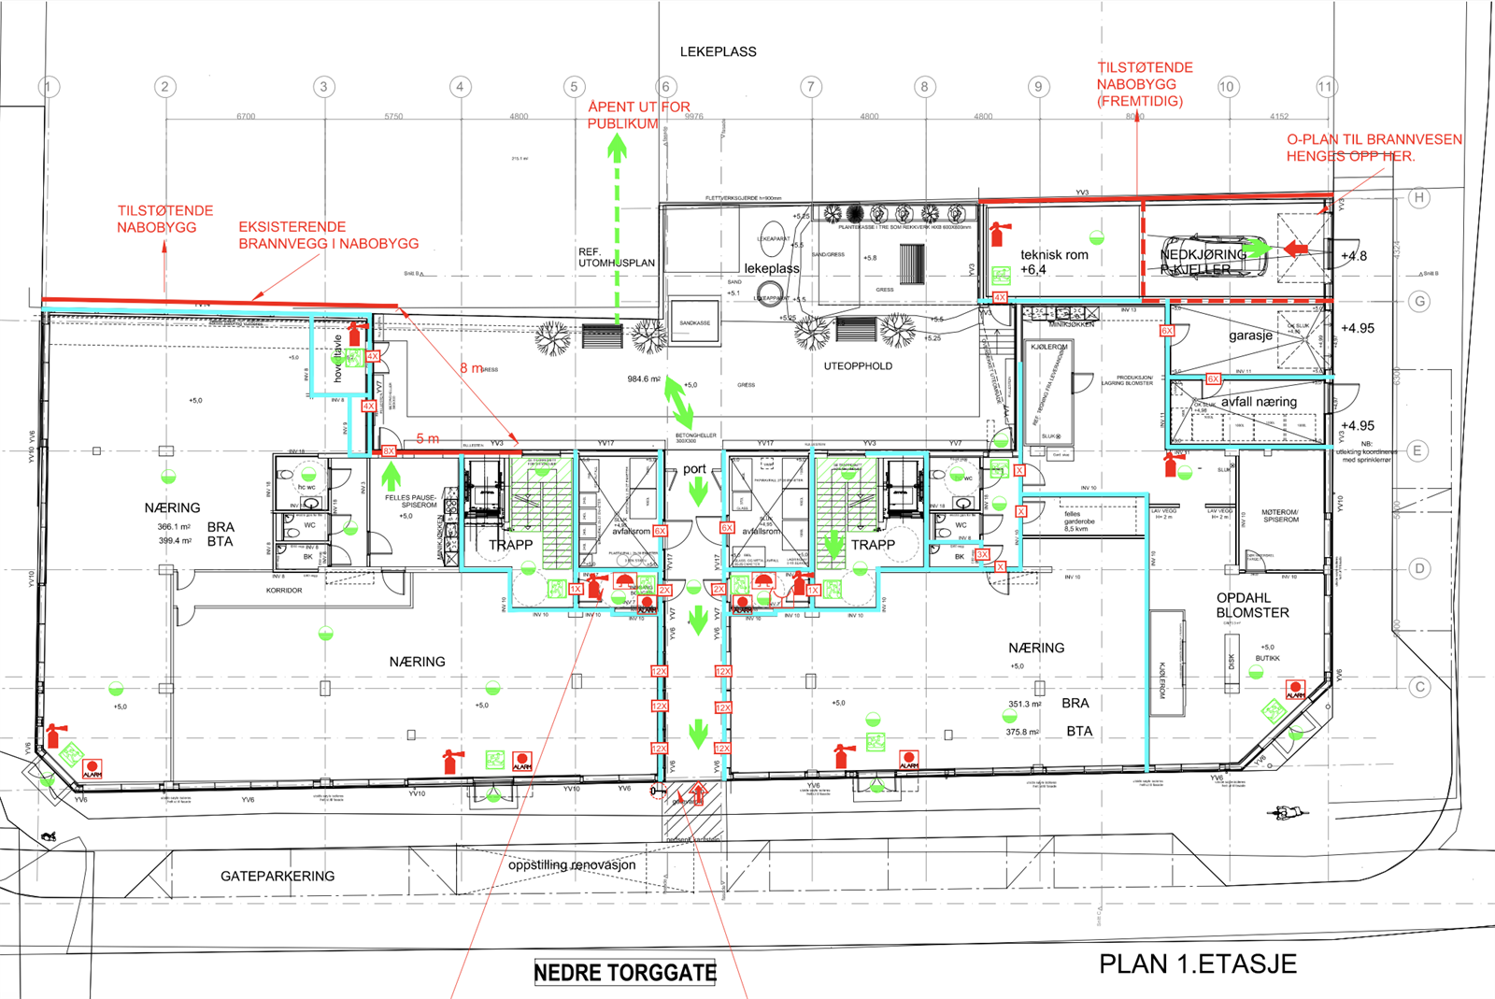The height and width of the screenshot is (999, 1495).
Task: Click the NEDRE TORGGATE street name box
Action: (x=624, y=973)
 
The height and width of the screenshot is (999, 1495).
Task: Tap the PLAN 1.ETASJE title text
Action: (x=1197, y=964)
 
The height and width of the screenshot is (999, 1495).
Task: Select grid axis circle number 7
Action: (x=810, y=87)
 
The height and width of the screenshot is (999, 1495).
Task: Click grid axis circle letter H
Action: (x=1418, y=197)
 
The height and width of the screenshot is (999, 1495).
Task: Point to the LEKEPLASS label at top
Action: (x=718, y=51)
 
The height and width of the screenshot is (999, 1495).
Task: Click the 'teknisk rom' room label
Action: (x=1054, y=255)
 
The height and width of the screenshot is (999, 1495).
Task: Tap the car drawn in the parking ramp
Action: (x=1215, y=255)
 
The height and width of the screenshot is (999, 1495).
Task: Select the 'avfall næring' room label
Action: (x=1259, y=402)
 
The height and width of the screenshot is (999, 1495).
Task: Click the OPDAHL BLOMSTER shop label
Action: (x=1252, y=606)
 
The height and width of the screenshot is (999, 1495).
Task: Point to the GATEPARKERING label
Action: (x=278, y=876)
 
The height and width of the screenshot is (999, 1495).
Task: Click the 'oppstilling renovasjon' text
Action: (x=572, y=864)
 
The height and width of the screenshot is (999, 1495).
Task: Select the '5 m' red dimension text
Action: (x=427, y=438)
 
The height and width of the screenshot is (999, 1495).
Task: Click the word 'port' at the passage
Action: (x=694, y=469)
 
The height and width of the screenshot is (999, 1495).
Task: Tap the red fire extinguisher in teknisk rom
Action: (x=999, y=232)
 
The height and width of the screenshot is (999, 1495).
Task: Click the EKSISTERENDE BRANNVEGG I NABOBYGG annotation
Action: (x=328, y=235)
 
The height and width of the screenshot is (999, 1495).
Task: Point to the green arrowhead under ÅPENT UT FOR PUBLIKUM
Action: (x=617, y=148)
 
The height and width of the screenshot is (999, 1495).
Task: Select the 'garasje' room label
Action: (x=1250, y=335)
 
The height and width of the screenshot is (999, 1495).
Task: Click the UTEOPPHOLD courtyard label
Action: (x=857, y=366)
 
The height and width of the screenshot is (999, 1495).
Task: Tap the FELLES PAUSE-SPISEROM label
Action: (x=410, y=501)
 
